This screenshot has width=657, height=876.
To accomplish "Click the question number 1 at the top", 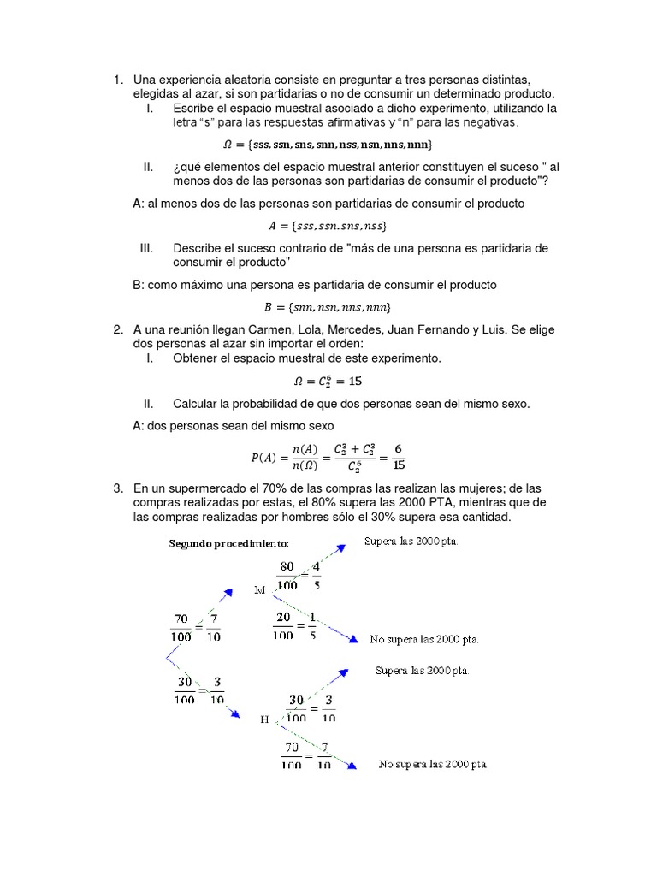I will (x=117, y=80).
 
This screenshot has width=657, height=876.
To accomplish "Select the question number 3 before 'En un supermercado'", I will (x=117, y=488).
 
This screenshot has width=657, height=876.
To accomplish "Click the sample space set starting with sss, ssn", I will (x=328, y=144).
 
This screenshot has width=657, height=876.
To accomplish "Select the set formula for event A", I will (x=328, y=227).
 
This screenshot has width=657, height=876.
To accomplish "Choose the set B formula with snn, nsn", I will (x=328, y=306).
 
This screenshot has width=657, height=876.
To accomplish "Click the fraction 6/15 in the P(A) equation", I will (x=399, y=457).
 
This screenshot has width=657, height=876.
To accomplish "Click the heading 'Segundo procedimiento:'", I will (x=228, y=544).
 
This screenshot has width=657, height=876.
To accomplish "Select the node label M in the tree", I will (x=261, y=590).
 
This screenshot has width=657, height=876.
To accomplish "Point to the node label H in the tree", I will (x=264, y=719).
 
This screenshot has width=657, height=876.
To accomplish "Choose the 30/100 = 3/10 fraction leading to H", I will (x=197, y=690).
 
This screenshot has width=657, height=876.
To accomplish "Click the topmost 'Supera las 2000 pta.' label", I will (x=411, y=542).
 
